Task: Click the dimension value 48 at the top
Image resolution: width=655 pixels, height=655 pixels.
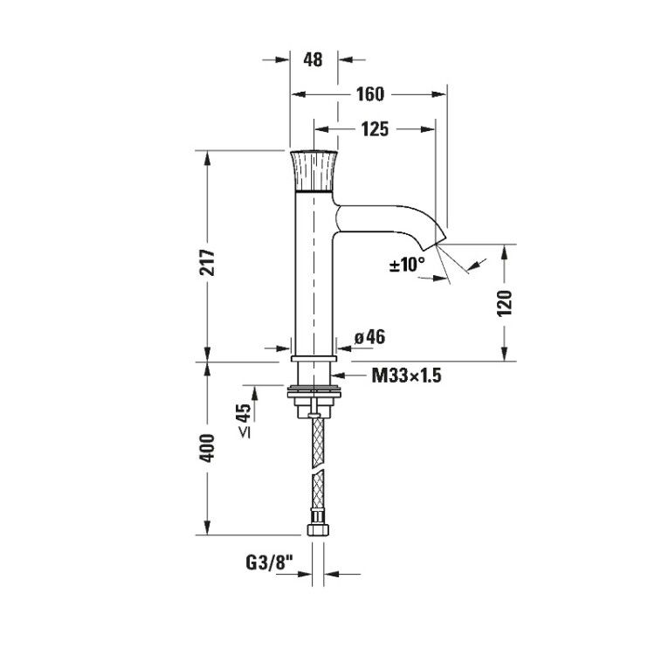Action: tap(313, 59)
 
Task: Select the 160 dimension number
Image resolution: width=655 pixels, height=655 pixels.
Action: tap(370, 94)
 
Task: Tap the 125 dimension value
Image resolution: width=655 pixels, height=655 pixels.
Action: tap(376, 129)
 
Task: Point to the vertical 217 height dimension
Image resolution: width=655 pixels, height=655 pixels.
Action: tap(209, 262)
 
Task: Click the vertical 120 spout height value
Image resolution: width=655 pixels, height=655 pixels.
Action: tap(505, 303)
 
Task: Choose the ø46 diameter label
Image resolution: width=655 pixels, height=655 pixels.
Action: tap(370, 337)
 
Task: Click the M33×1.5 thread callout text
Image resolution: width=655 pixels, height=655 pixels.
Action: tap(406, 376)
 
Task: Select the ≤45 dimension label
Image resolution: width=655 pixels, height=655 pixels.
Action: tap(245, 420)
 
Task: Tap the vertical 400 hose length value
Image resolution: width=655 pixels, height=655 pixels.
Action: tap(208, 448)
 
